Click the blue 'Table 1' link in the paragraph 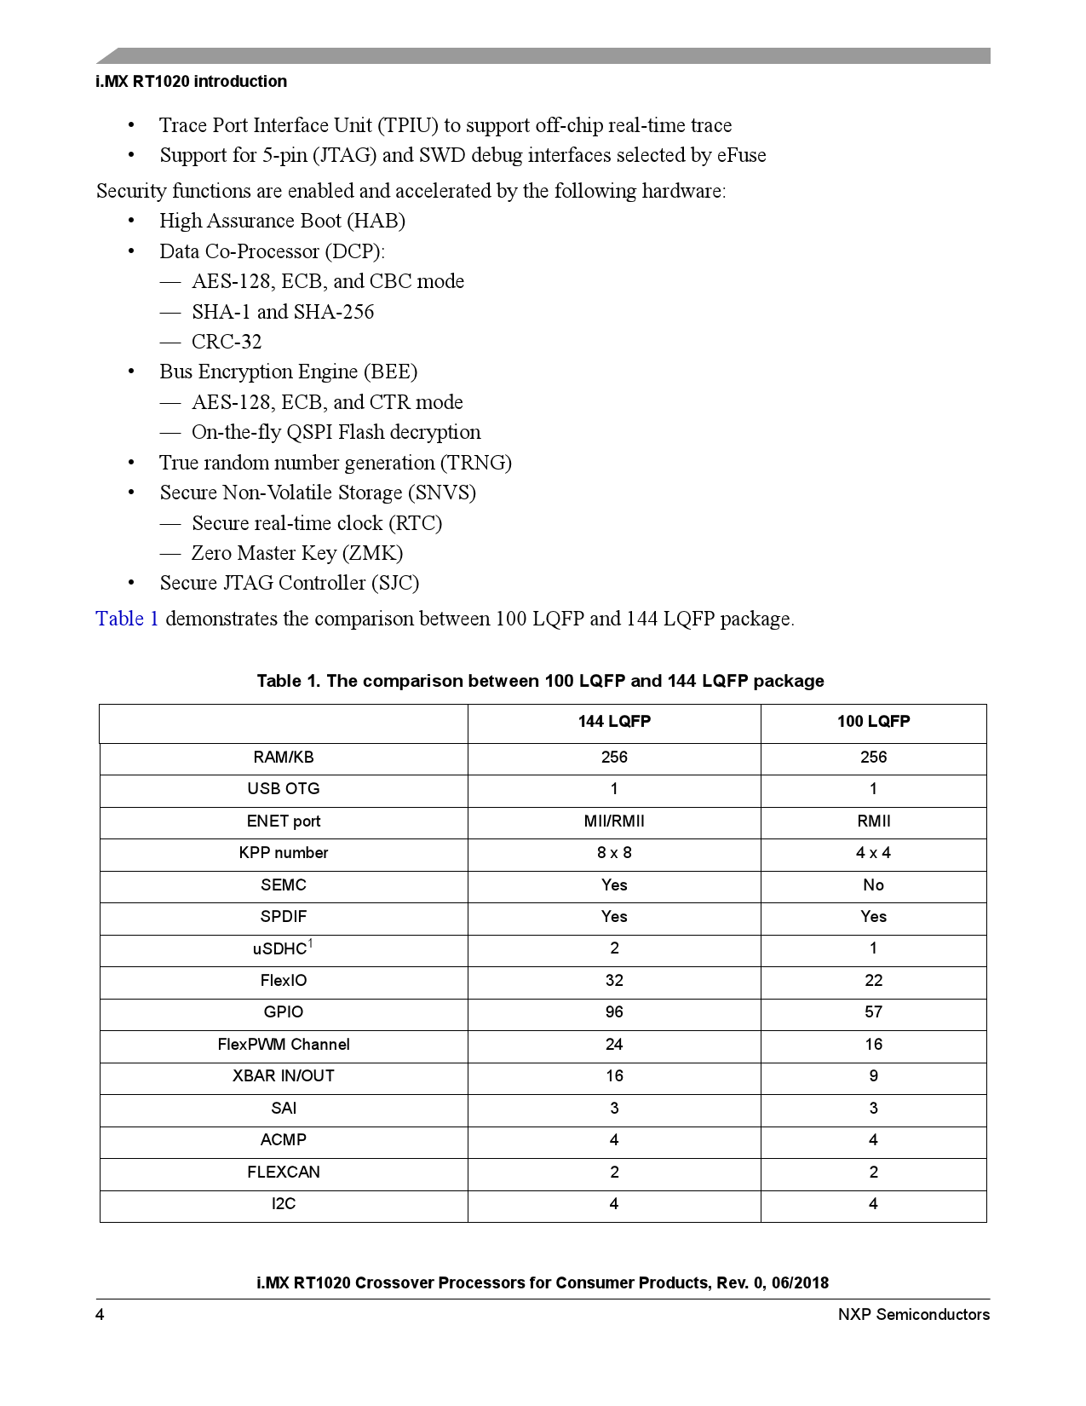[x=127, y=619]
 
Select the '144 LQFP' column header [x=614, y=722]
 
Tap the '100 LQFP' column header [x=873, y=722]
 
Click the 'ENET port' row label [x=284, y=821]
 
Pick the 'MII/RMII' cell [x=614, y=821]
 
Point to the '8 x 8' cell [x=614, y=853]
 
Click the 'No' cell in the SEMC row [x=873, y=885]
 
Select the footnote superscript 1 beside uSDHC [x=311, y=943]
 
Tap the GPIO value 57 [x=873, y=1012]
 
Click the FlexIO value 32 [x=614, y=981]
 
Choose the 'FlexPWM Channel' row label [x=284, y=1045]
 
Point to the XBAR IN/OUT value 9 [x=873, y=1076]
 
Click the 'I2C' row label [x=284, y=1204]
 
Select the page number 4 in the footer [x=101, y=1315]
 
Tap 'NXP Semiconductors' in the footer [x=913, y=1315]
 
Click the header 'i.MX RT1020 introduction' [x=192, y=82]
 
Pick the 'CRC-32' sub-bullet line [x=227, y=342]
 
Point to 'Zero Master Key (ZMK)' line [x=297, y=553]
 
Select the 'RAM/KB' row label [x=284, y=758]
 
